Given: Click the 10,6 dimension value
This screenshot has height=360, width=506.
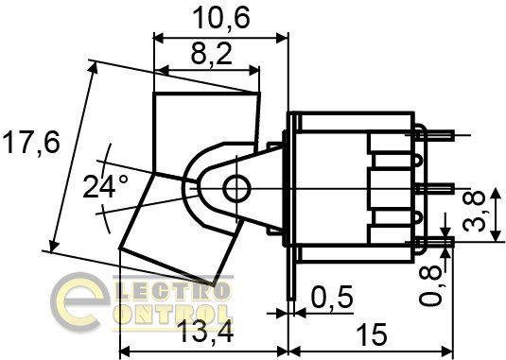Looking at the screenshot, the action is pyautogui.click(x=221, y=18).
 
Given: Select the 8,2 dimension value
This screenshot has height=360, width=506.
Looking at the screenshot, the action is pyautogui.click(x=212, y=53).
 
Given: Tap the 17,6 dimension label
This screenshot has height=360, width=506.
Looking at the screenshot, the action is pyautogui.click(x=31, y=142).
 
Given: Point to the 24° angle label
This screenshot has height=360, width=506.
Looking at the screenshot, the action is pyautogui.click(x=105, y=186).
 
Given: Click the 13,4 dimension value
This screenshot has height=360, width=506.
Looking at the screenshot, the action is pyautogui.click(x=205, y=332).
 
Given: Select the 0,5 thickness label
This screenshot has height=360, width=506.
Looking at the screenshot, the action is pyautogui.click(x=332, y=297).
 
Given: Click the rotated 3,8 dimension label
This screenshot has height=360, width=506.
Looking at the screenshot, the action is pyautogui.click(x=474, y=210).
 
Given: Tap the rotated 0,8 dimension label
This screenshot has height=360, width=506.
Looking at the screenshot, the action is pyautogui.click(x=430, y=285).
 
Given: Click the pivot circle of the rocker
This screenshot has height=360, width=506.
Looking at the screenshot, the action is pyautogui.click(x=236, y=189).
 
